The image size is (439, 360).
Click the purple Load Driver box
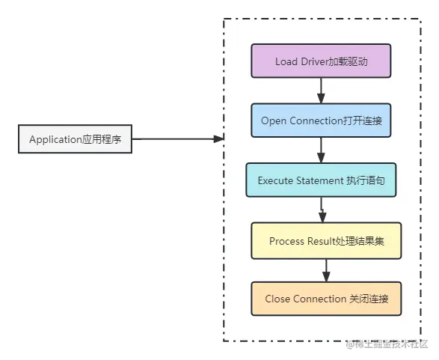click(321, 61)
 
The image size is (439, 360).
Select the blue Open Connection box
click(321, 120)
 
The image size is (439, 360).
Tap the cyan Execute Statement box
click(321, 180)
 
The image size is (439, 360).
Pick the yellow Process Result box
click(326, 241)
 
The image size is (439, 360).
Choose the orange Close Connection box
click(326, 299)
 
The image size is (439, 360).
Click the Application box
click(75, 140)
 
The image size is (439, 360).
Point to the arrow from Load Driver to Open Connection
click(321, 91)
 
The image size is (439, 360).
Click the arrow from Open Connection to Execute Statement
click(321, 150)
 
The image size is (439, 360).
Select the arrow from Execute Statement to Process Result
click(322, 210)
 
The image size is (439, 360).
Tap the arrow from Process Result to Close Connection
click(326, 270)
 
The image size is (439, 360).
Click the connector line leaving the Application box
click(176, 140)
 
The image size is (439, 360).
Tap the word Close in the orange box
click(277, 299)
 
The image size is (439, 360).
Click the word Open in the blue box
click(273, 120)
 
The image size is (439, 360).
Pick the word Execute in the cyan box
click(274, 180)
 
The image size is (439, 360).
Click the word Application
click(55, 140)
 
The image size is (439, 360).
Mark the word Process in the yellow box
click(287, 241)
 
